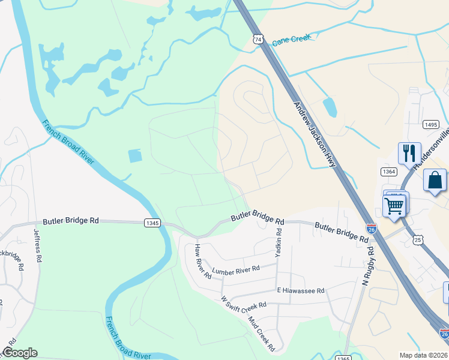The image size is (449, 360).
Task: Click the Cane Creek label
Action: [x=292, y=40]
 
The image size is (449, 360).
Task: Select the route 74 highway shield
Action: [x=258, y=39]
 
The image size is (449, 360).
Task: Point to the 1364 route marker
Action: [x=389, y=172]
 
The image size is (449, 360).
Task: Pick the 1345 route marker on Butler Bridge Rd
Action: [x=152, y=223]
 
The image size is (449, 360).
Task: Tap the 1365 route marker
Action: [x=343, y=358]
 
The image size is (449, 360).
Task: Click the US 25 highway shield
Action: [x=418, y=239]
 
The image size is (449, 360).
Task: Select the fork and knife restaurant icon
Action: [x=409, y=152]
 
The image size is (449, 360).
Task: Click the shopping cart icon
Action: [x=394, y=206]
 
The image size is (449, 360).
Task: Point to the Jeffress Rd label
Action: [x=38, y=247]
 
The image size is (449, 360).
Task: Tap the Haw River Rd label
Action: [x=202, y=262]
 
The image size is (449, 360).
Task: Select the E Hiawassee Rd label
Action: [x=300, y=290]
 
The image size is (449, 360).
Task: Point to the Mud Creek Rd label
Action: [x=262, y=333]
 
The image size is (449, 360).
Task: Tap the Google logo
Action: [x=20, y=353]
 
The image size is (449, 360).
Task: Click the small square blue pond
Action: [x=136, y=155]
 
